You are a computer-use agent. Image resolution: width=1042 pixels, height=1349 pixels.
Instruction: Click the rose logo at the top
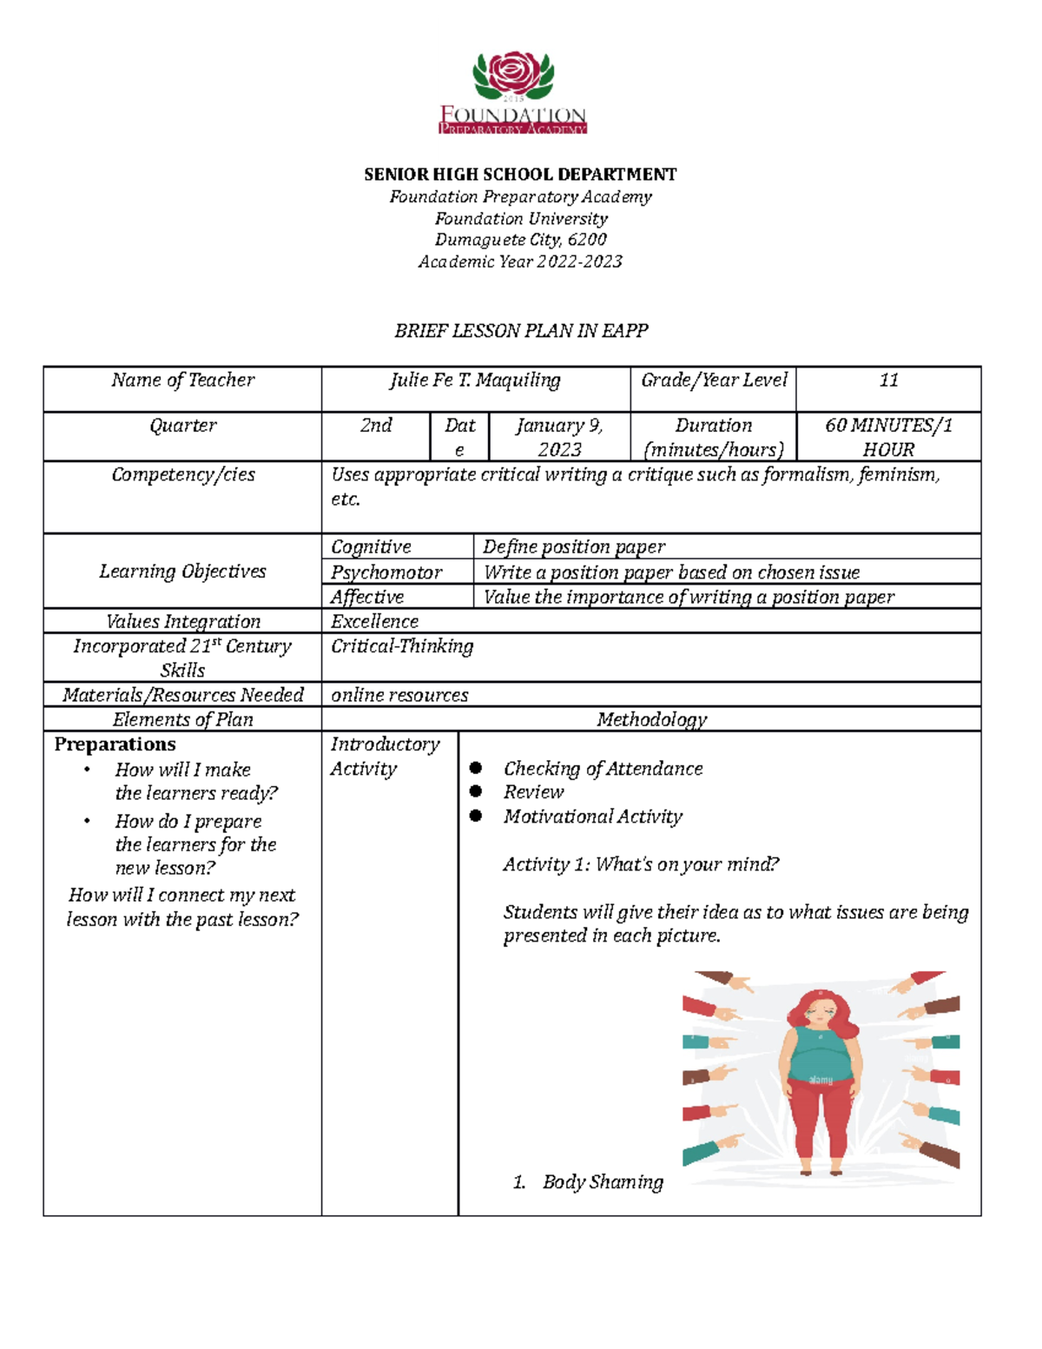pos(513,75)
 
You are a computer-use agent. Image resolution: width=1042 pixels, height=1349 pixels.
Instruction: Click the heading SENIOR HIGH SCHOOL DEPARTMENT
pos(520,175)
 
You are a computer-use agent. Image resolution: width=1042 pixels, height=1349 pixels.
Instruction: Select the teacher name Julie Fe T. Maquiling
pos(475,380)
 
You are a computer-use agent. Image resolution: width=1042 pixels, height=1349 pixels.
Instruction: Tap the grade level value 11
pos(888,380)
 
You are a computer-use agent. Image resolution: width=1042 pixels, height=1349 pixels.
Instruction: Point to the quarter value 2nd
pos(376,426)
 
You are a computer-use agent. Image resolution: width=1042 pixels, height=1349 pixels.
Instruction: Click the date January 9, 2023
pos(559,437)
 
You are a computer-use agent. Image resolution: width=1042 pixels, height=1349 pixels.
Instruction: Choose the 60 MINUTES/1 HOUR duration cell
pos(888,437)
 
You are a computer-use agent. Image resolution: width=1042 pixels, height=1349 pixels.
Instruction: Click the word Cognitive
pos(371,547)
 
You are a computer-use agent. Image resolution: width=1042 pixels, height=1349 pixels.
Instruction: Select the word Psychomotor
pos(386,572)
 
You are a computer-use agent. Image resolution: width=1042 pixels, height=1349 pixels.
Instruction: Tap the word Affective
pos(367,598)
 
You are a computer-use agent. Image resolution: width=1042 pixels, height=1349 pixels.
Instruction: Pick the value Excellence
pos(374,622)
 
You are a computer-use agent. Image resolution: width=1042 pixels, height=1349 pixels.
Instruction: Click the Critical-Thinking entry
pos(402,646)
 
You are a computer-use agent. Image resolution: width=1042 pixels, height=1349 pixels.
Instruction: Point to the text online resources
pos(399,696)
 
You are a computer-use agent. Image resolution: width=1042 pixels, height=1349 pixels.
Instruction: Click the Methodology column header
pos(651,720)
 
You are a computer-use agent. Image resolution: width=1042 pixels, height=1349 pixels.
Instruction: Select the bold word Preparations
pos(115,744)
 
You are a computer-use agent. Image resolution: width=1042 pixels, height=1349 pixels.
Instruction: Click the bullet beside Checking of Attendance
pos(476,768)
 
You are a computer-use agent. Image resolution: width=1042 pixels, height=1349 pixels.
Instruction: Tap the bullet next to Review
pos(476,791)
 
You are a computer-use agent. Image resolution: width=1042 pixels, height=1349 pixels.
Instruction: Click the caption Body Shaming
pos(603,1182)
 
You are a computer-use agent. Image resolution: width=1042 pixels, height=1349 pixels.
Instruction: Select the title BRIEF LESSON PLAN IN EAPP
pos(521,331)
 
